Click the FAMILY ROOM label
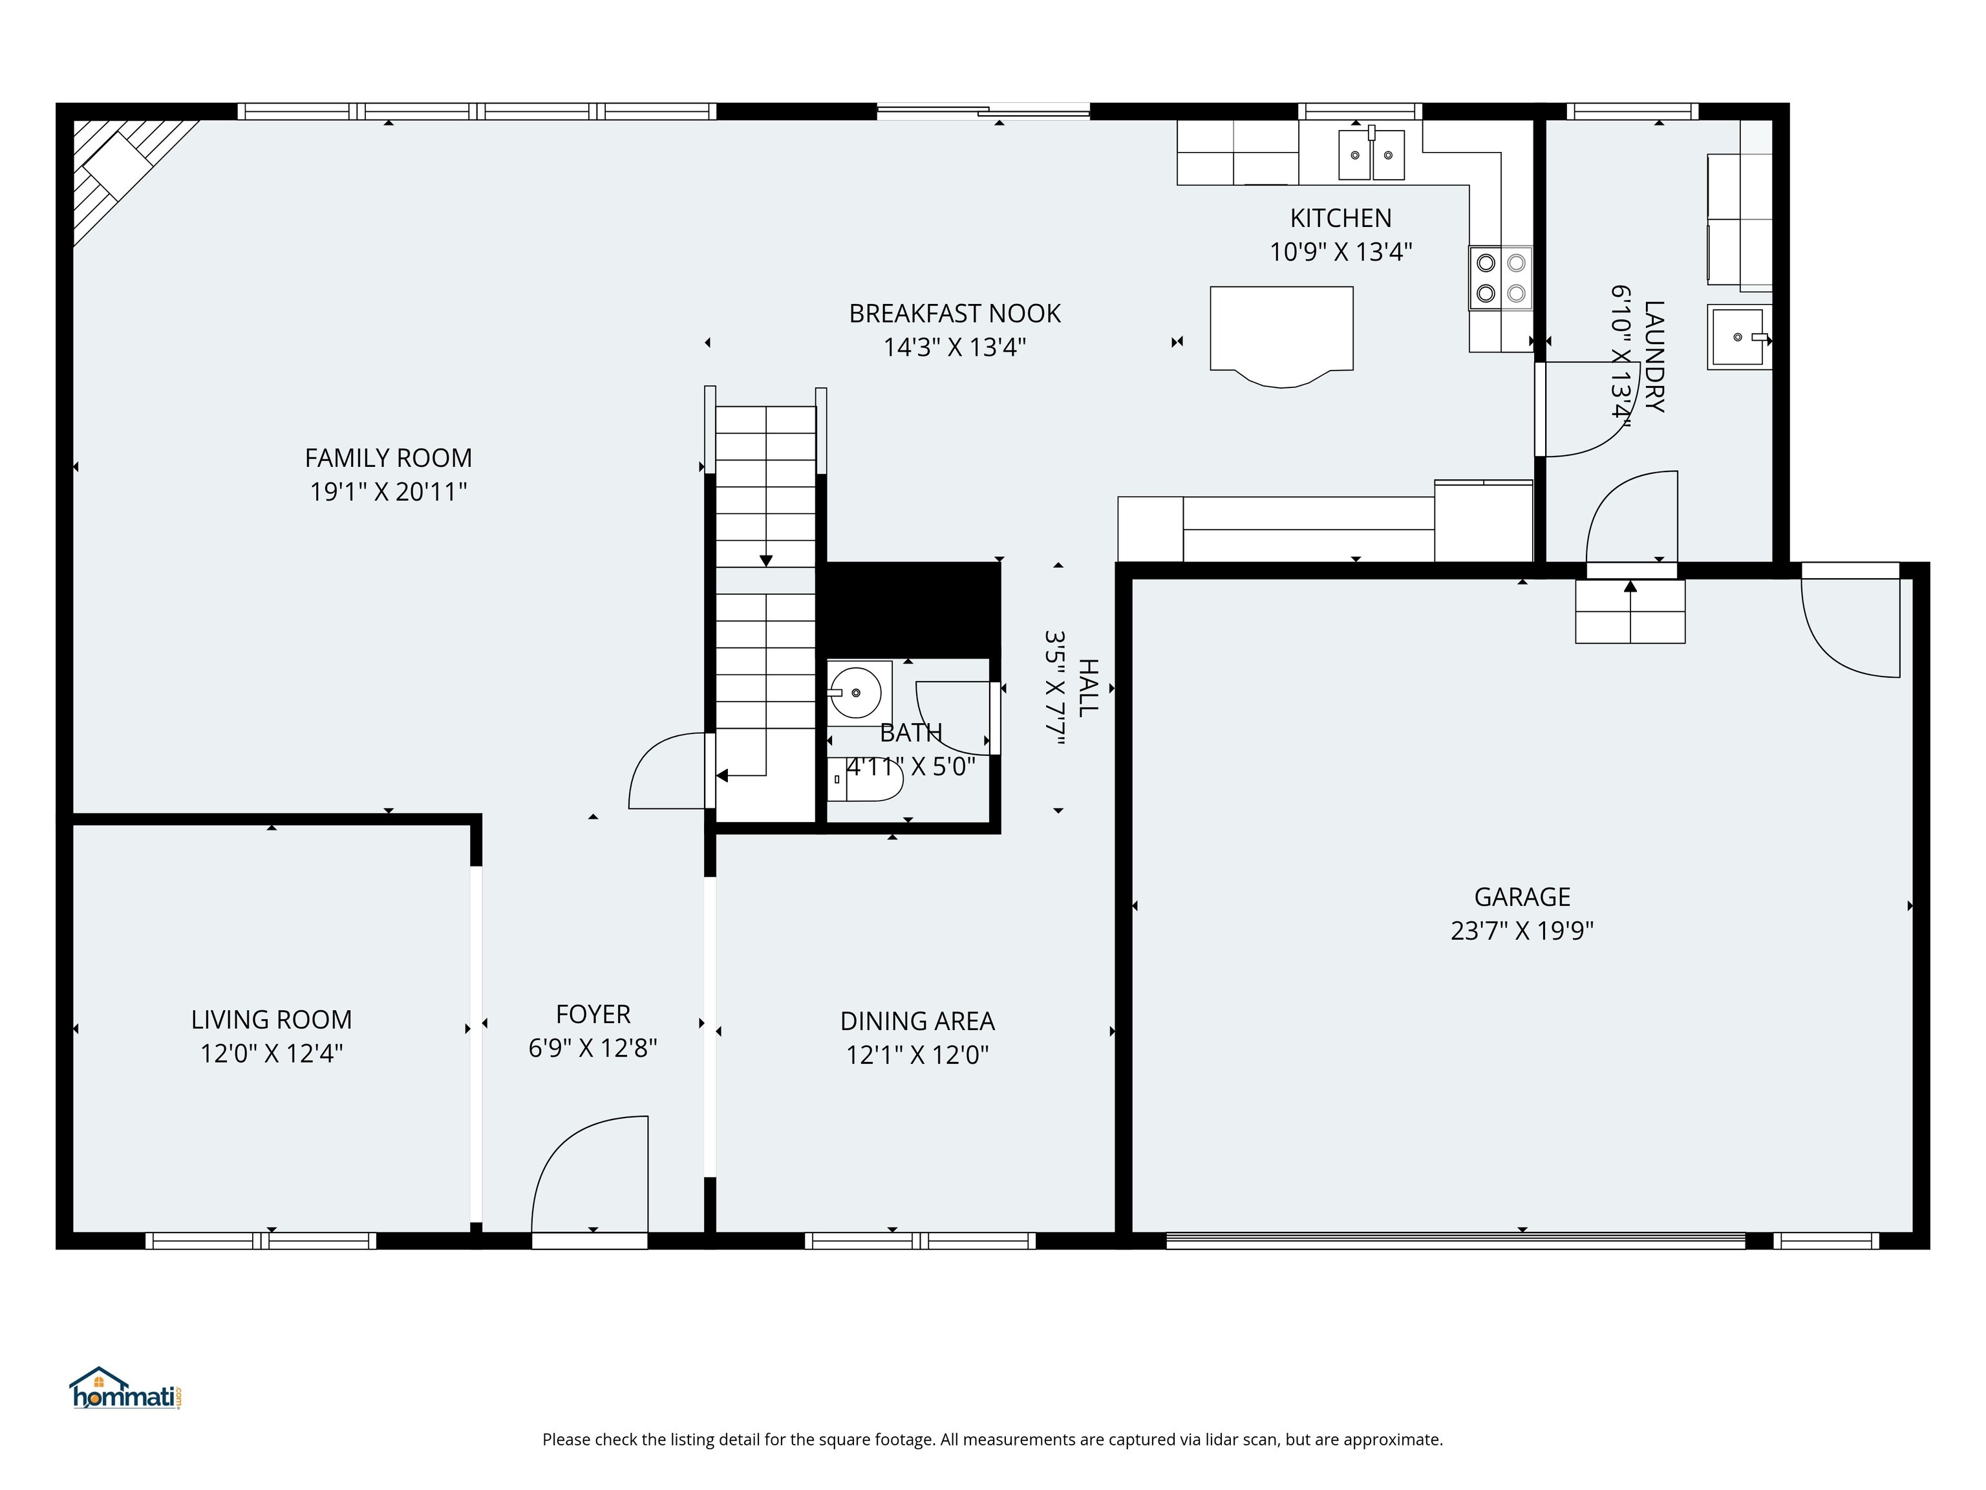[x=388, y=458]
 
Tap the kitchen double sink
[x=1371, y=155]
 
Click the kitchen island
[x=1281, y=330]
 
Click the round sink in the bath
[x=854, y=693]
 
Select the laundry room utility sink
[x=1738, y=337]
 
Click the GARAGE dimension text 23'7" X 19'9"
[x=1522, y=931]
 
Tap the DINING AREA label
[x=917, y=1021]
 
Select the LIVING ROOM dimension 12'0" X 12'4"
[x=271, y=1053]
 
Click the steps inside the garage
[x=1630, y=612]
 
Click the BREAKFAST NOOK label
[x=954, y=314]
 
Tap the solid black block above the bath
[x=912, y=607]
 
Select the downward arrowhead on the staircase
[x=766, y=561]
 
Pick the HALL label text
[x=1087, y=688]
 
